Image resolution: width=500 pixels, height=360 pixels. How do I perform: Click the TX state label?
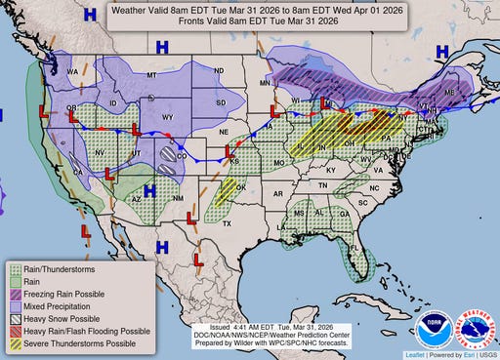point(227,223)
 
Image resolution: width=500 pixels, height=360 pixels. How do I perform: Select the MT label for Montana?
point(151,74)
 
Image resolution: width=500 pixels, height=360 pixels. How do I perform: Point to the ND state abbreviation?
point(219,70)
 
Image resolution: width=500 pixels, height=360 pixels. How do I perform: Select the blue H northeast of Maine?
point(442,50)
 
